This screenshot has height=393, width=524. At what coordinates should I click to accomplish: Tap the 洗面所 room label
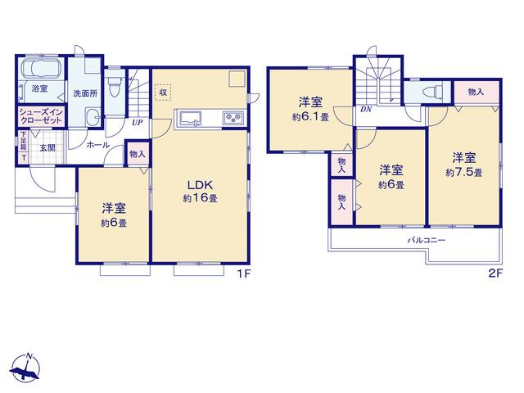coord(85,93)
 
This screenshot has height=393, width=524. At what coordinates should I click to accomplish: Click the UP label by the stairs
coord(137,123)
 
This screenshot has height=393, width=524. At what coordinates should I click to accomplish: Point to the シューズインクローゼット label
coord(41,116)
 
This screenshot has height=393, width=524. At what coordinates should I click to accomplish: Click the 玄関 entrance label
coord(47,147)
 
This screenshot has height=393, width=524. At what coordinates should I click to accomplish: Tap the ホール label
coord(97,145)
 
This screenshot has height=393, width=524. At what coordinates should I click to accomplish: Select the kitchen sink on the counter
coord(191,118)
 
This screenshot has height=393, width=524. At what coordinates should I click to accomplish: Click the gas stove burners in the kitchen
coord(233,118)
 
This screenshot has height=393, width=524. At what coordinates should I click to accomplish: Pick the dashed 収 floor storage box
coord(163,93)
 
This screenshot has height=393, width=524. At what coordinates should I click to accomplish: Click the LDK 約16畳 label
coord(200,191)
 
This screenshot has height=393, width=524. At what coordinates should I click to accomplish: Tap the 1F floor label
coord(244,274)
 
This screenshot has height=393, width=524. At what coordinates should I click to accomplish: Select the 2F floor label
coord(495,273)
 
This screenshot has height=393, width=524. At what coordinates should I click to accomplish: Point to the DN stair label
coord(366,109)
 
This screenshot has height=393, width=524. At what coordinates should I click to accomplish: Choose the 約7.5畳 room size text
coord(464,173)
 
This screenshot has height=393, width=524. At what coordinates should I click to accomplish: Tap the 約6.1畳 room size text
coord(310,117)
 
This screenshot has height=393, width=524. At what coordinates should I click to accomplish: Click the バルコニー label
coord(427,240)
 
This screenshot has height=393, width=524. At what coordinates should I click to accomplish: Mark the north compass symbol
coord(25,367)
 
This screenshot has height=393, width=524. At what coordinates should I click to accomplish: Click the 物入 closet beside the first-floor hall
coord(138,154)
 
